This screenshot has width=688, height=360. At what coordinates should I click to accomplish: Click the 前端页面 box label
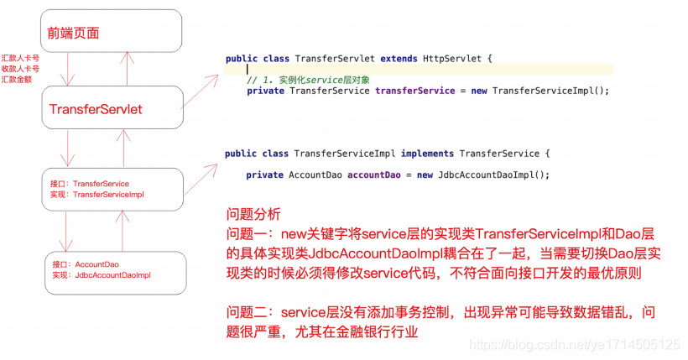[73, 34]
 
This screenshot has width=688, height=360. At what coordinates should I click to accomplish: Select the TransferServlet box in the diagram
[96, 109]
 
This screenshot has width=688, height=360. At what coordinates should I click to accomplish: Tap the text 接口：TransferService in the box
[90, 183]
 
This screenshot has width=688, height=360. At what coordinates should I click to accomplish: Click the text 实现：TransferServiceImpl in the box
[97, 194]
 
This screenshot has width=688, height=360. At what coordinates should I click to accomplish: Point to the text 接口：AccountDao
[86, 264]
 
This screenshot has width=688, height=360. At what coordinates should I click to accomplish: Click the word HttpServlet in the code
[455, 59]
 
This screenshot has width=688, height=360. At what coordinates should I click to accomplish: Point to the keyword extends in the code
[402, 59]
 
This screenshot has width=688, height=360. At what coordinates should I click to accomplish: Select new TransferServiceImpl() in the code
[539, 91]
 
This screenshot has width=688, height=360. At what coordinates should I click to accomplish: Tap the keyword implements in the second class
[428, 154]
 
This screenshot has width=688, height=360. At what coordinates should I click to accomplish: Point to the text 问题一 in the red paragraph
[248, 232]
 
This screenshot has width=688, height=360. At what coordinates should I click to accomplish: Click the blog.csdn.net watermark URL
[574, 344]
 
